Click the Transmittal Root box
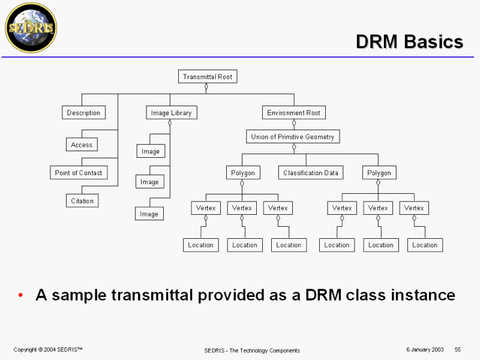tap(207, 77)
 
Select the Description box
tap(83, 113)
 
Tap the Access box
tap(82, 145)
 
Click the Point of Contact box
tap(78, 173)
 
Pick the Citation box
tap(82, 201)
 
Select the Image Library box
tap(172, 113)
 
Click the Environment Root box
tap(293, 113)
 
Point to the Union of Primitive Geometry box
tap(293, 137)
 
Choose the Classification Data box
tap(311, 173)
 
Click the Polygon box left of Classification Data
tap(243, 173)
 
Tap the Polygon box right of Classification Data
tap(379, 173)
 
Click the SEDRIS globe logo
tap(31, 28)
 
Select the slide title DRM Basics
tap(409, 41)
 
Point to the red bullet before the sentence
tap(21, 295)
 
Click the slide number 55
tap(457, 349)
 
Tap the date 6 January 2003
tap(425, 349)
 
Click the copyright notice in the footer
tap(48, 349)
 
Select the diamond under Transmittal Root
tap(206, 87)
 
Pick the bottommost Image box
tap(149, 214)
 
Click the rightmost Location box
tap(425, 245)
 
